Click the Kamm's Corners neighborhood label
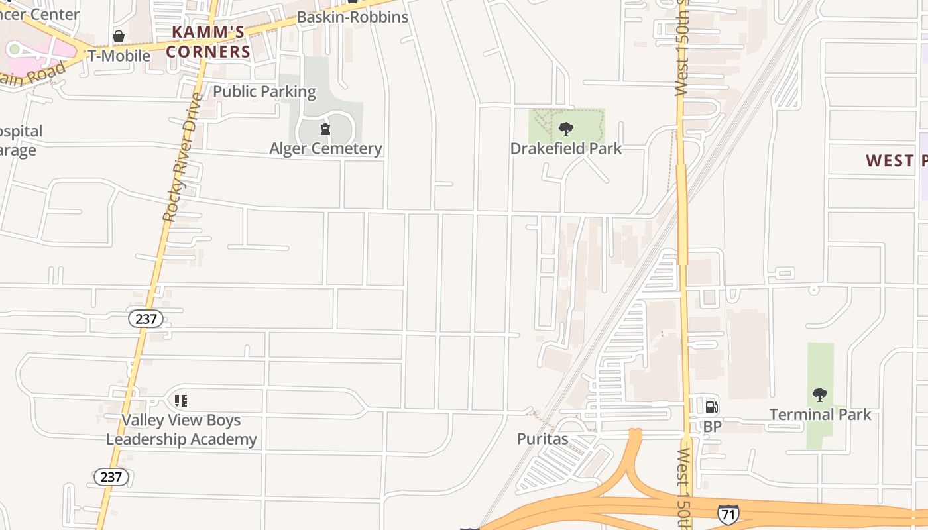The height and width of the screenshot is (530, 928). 208,42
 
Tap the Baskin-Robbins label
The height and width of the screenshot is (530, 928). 352,17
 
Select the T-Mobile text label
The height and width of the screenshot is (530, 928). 119,56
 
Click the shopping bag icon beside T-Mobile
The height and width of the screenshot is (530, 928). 119,36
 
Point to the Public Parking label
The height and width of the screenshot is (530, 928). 264,91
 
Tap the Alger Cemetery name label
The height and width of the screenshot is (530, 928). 325,148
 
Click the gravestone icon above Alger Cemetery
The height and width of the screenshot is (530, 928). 325,128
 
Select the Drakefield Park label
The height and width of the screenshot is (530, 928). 566,148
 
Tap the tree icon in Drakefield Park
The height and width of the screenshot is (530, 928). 565,129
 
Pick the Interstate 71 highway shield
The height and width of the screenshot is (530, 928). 727,513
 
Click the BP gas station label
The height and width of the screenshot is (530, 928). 712,427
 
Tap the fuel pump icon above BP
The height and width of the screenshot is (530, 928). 711,407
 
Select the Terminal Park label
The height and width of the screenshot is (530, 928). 820,415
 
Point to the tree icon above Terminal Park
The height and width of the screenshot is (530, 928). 820,395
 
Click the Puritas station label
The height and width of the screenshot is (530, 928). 543,439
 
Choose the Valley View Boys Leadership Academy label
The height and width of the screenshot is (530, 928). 181,429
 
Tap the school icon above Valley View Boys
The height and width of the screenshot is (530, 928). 180,400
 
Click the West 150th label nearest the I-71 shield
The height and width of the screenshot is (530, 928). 685,489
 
